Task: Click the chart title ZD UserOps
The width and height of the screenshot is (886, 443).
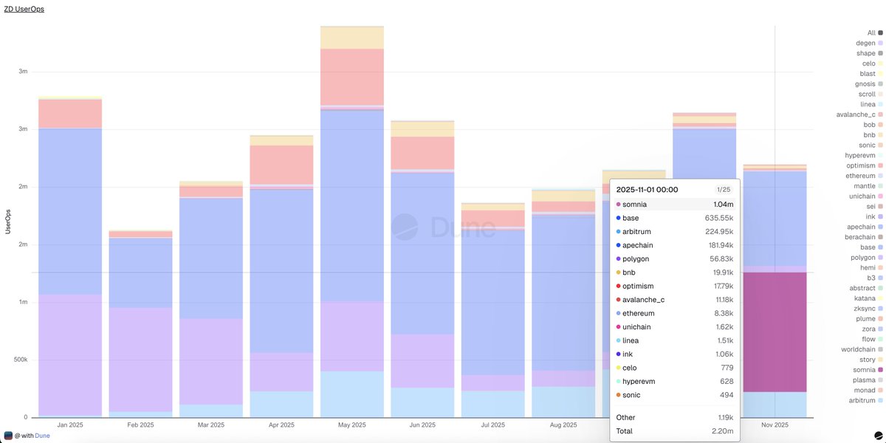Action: coord(24,10)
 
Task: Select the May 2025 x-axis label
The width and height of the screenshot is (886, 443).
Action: coord(352,425)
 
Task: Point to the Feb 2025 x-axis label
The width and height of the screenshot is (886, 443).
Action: coord(140,425)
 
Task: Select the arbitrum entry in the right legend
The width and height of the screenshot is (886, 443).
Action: coord(862,400)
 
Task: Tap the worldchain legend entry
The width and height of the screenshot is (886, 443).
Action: coord(858,349)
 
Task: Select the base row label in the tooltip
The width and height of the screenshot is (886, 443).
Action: coord(631,218)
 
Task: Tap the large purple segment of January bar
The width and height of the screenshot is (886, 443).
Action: coord(70,354)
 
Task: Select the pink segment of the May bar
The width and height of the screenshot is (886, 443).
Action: coord(352,77)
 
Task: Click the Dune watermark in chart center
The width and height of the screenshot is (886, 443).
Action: coord(443,227)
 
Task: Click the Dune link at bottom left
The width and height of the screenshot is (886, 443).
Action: coord(42,436)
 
